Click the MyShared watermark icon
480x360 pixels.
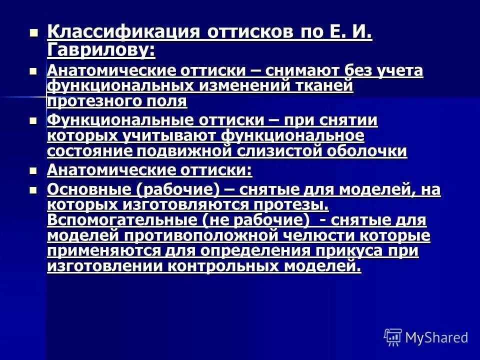392,337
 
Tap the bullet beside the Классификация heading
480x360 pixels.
33,33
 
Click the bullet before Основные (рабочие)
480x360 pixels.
33,190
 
